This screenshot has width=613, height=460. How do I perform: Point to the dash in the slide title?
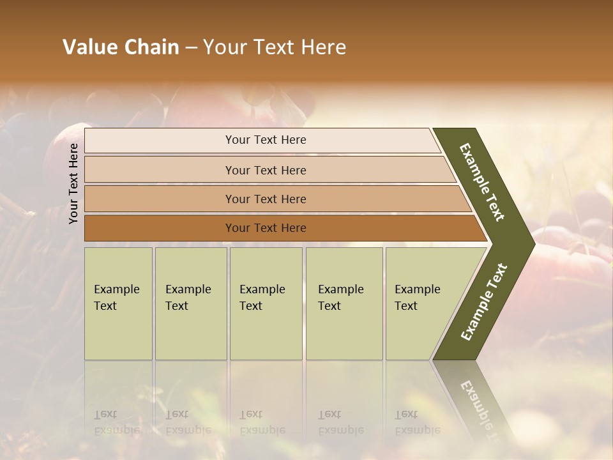191,48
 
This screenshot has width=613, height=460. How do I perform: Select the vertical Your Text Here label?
73,183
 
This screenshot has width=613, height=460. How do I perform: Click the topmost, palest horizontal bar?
265,140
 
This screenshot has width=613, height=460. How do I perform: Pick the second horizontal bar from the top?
265,170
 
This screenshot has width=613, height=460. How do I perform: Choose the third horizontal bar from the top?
265,199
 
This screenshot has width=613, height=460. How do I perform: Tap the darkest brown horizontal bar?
265,228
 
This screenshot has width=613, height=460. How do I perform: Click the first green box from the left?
118,303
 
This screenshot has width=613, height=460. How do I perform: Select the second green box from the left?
190,303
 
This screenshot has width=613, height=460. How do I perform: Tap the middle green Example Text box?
266,303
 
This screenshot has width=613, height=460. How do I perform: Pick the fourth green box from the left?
344,303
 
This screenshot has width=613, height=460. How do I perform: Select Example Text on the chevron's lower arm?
484,302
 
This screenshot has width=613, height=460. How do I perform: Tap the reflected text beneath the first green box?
117,422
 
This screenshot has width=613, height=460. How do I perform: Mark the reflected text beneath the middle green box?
262,422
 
